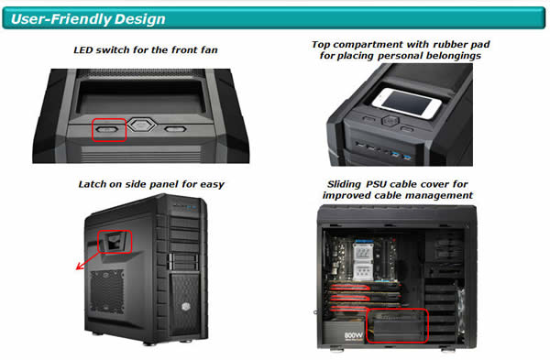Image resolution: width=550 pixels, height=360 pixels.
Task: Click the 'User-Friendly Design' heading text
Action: click(88, 19)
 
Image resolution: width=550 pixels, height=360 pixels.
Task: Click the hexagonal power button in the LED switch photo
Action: click(141, 125)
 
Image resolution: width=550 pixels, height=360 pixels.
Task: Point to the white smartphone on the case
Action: click(406, 103)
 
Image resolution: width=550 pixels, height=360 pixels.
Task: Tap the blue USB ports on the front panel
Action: click(401, 154)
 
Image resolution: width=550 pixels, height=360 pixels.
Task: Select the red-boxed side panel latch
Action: click(114, 242)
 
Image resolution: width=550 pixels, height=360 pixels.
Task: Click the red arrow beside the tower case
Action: click(88, 261)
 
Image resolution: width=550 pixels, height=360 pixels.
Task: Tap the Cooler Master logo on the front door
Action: click(186, 306)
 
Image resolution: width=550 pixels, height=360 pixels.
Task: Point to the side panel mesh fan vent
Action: click(107, 291)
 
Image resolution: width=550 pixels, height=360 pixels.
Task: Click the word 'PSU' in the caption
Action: click(377, 184)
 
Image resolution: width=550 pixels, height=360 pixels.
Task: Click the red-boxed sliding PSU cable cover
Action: click(397, 326)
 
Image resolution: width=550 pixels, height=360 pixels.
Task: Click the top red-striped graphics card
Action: click(365, 288)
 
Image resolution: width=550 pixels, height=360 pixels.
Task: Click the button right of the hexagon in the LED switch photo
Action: click(175, 129)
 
